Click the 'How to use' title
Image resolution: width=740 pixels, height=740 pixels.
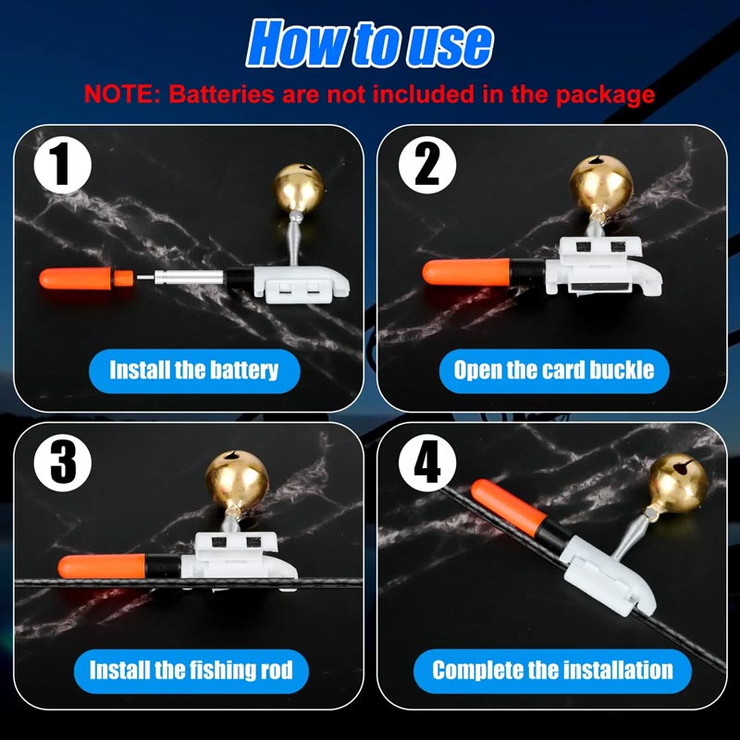pos(370,43)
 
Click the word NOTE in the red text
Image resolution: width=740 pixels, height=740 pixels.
pos(115,93)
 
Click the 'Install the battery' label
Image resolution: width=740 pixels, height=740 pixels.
pos(193,370)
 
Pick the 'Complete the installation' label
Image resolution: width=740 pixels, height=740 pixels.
pos(552,669)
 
